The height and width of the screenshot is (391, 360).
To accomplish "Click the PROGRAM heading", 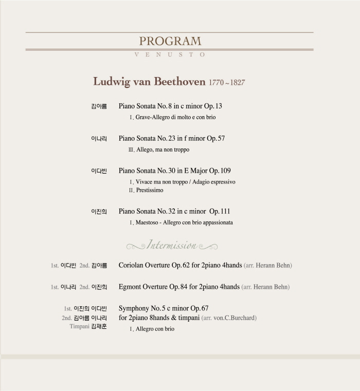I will (170, 42).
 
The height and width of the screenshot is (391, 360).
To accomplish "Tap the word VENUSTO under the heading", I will (170, 54).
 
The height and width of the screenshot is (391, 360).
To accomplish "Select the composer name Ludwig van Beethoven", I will (149, 82).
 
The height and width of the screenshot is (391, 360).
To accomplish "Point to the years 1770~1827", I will (227, 83).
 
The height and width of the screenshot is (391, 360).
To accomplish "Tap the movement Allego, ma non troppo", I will (163, 150).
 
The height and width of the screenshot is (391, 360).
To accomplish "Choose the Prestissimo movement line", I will (150, 191).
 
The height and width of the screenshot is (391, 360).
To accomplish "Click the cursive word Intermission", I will (172, 246).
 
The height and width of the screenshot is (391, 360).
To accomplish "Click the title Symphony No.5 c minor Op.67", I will (164, 308).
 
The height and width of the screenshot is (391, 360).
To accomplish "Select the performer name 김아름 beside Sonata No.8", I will (99, 107).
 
